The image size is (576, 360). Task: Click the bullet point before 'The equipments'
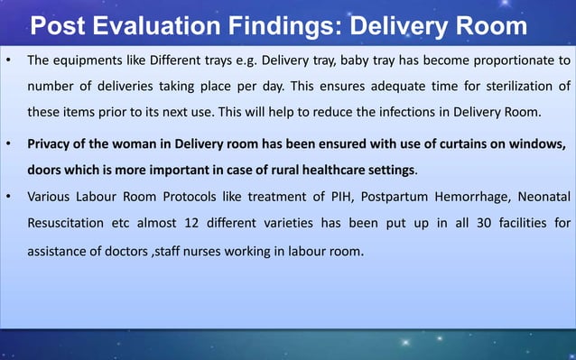pos(9,61)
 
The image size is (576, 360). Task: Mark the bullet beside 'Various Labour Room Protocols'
pos(9,196)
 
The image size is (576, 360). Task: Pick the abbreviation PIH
pos(317,196)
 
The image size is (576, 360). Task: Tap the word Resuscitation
pos(68,221)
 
